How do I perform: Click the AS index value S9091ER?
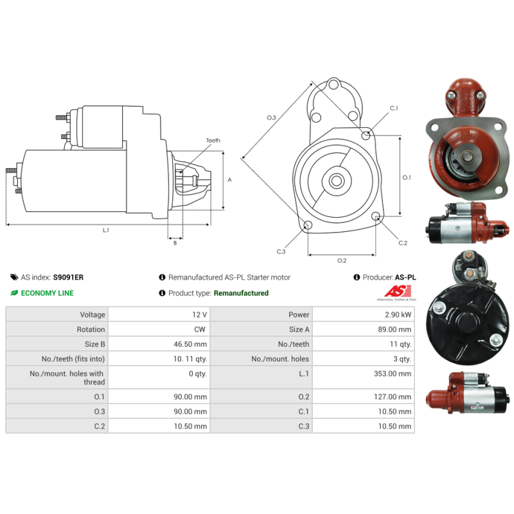68,278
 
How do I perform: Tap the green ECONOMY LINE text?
47,293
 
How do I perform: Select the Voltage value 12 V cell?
159,314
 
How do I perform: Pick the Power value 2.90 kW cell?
364,314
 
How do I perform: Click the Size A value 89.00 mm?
394,330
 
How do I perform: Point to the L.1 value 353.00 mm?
393,374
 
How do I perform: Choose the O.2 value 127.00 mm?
393,397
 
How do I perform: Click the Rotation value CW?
200,330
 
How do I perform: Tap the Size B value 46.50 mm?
190,344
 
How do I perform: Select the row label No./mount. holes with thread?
67,378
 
